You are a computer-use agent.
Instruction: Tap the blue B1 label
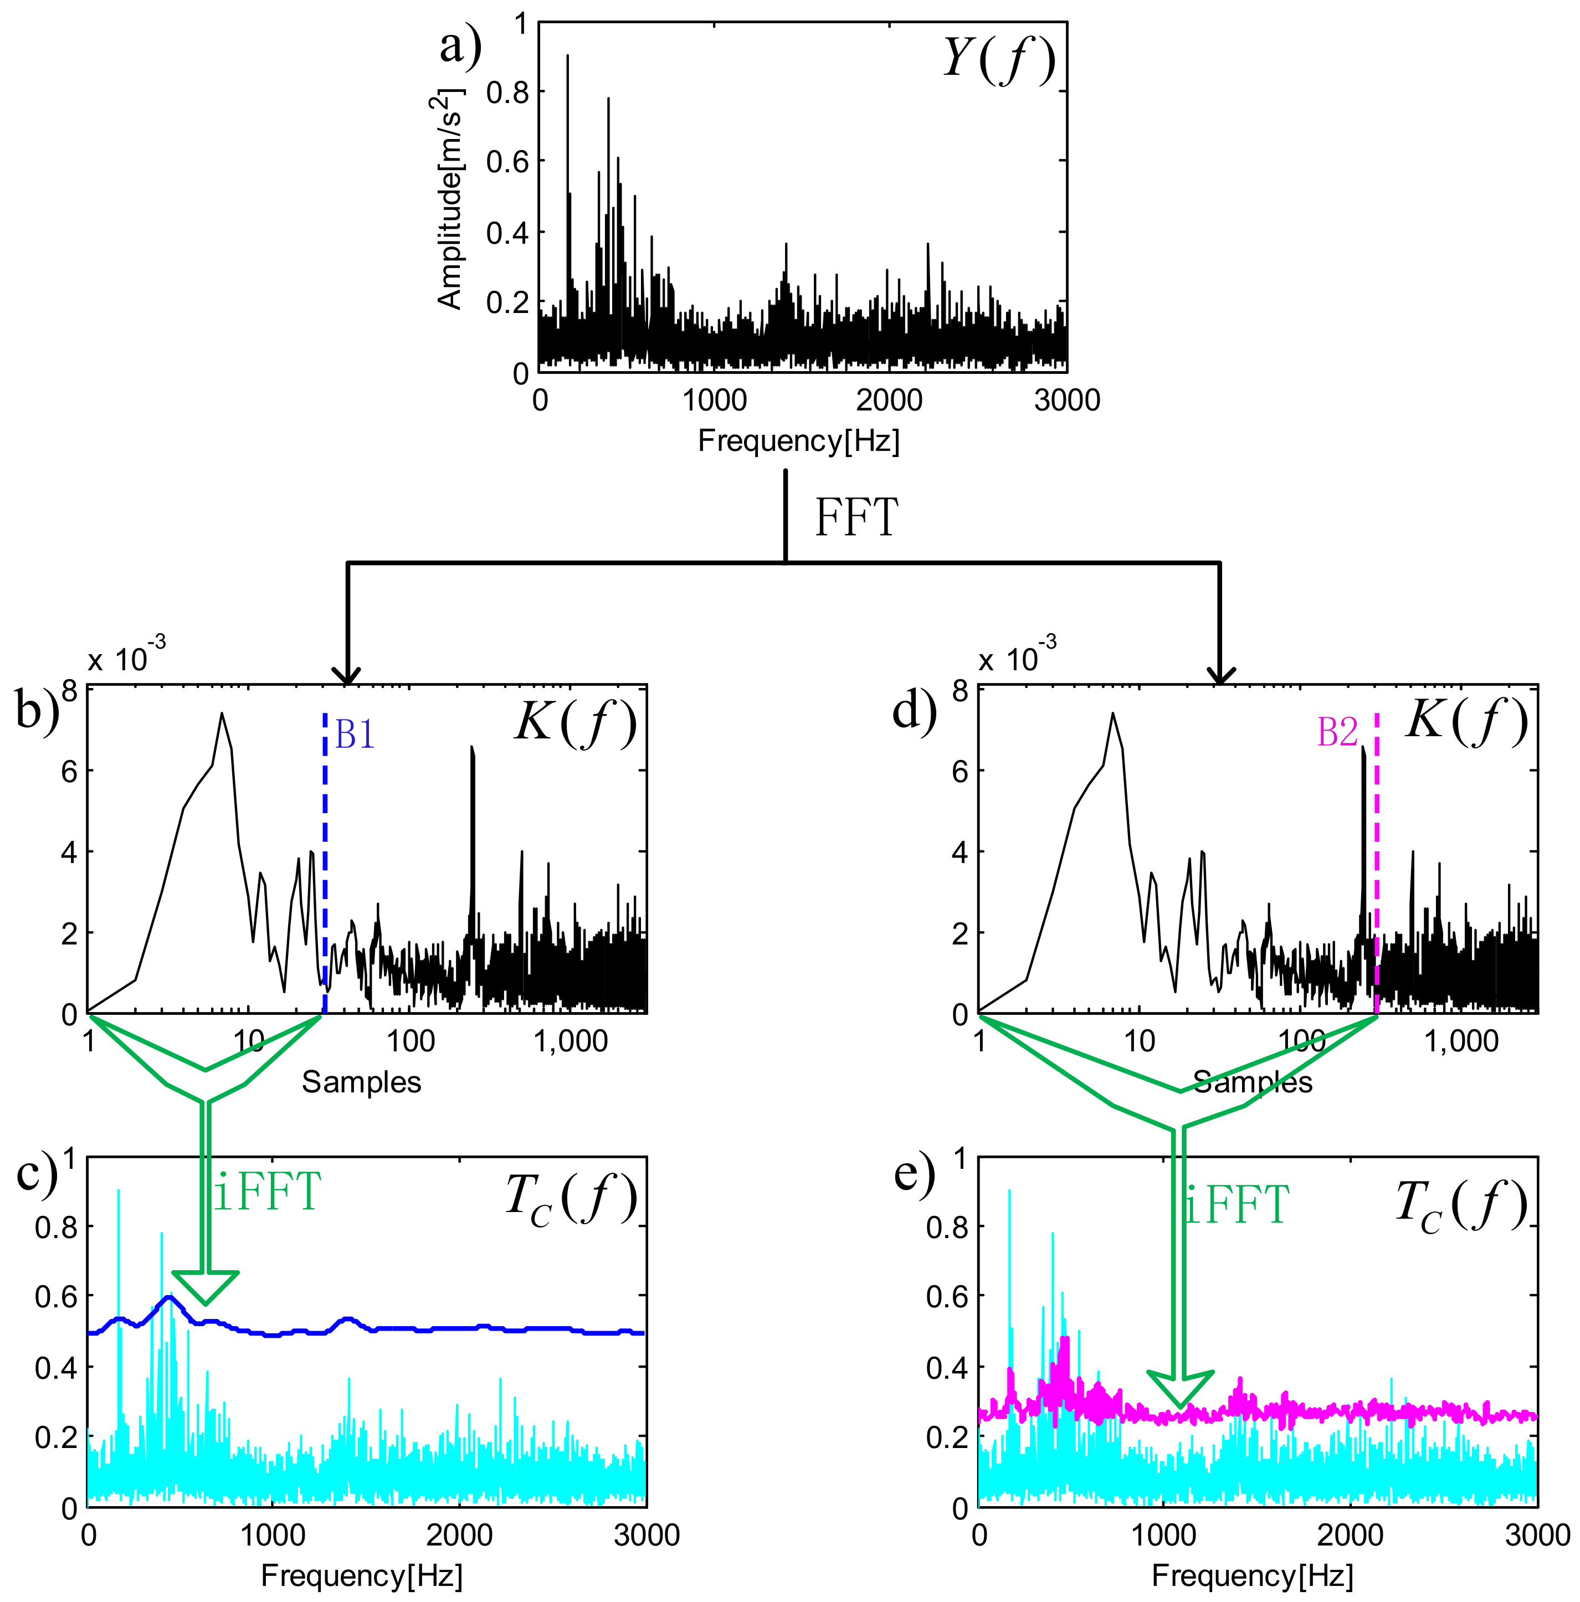click(x=355, y=735)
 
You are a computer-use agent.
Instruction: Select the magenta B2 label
click(x=1337, y=732)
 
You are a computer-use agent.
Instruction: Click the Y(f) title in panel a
click(x=999, y=60)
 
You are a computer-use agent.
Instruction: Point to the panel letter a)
click(x=460, y=45)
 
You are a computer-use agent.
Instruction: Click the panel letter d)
click(x=914, y=711)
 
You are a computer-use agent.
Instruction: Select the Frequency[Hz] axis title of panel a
click(x=798, y=440)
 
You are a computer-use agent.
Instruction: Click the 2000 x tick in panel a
click(x=888, y=401)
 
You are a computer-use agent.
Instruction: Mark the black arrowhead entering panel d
click(x=1219, y=678)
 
